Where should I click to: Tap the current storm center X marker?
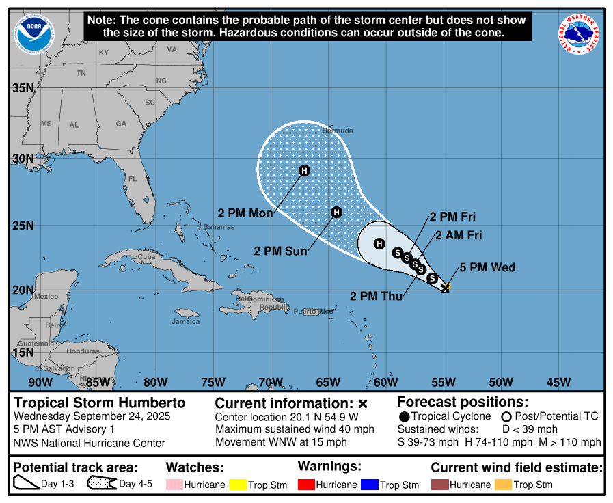[445, 288]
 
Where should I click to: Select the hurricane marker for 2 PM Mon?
[304, 171]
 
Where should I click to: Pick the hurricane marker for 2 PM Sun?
[336, 213]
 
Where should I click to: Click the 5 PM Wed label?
[487, 267]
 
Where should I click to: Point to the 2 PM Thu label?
[375, 296]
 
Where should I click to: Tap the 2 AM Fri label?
[459, 236]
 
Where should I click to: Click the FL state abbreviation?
[133, 179]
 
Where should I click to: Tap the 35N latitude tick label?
[23, 87]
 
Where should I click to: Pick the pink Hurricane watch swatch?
[174, 485]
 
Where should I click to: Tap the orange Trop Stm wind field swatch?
[503, 485]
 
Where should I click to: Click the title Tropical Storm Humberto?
[100, 403]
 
